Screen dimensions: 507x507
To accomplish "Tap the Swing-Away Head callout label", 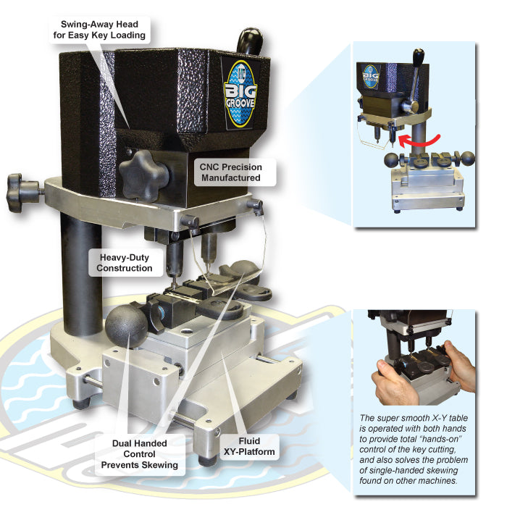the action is [x=100, y=30].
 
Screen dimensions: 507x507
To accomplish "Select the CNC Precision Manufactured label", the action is [x=230, y=172].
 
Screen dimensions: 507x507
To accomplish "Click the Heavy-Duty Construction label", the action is [x=125, y=262].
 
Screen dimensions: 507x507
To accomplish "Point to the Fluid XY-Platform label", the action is [x=249, y=446].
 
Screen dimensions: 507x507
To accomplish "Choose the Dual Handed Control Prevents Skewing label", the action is [x=140, y=454].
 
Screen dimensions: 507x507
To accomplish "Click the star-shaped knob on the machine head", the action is [x=144, y=175].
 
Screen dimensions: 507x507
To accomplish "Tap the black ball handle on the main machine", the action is [x=127, y=326].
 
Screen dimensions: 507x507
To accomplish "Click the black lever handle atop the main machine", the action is [x=249, y=41].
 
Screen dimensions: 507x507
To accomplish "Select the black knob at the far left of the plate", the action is [x=20, y=193].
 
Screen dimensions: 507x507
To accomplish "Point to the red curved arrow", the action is [x=419, y=140].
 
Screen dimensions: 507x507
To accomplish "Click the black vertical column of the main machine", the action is [x=81, y=275].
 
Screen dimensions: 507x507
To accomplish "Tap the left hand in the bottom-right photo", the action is [x=393, y=383].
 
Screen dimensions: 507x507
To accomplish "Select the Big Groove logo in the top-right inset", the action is [x=371, y=77].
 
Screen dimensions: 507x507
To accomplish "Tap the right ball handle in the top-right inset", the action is [x=467, y=159].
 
